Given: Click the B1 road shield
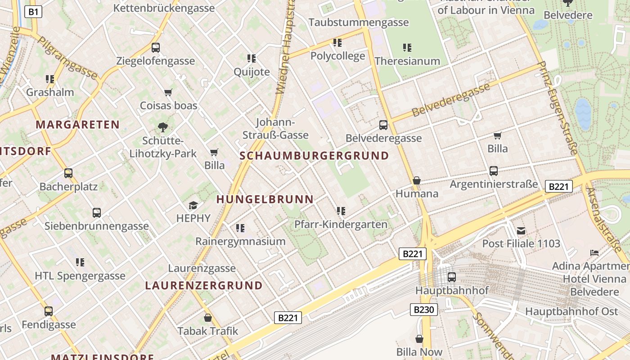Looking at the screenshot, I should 33,12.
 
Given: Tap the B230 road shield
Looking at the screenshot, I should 423,310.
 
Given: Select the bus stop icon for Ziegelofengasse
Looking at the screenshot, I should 156,47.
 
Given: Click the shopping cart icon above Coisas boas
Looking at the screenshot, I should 168,92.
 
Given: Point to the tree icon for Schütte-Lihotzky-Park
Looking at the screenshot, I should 163,127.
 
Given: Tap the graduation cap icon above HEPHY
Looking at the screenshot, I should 193,205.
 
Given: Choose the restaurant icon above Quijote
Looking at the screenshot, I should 252,58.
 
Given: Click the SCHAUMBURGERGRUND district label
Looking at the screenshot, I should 314,156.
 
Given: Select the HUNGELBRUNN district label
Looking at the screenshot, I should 265,199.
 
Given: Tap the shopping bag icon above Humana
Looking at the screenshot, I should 417,180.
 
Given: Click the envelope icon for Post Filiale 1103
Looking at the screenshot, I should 521,231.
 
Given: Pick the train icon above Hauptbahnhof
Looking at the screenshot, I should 451,277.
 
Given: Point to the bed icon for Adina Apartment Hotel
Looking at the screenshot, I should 594,253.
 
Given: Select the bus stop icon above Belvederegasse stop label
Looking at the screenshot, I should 383,125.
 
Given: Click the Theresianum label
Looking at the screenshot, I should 407,61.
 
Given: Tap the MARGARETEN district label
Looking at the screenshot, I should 78,125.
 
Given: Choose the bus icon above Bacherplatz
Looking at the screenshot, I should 68,173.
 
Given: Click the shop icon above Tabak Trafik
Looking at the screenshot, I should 208,318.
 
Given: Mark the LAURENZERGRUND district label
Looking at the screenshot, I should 204,285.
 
